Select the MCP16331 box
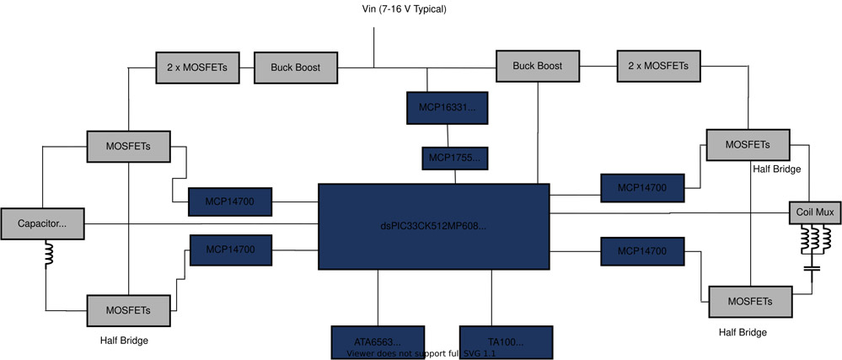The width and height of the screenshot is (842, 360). tap(447, 108)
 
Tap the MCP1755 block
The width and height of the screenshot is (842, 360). tap(455, 158)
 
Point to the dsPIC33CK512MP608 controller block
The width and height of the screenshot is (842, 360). tap(433, 226)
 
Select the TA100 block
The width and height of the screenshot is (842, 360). tap(506, 341)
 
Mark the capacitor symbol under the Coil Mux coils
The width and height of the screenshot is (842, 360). tap(813, 269)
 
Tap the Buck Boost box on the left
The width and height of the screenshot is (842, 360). tap(296, 67)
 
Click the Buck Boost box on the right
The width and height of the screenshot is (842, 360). tap(537, 66)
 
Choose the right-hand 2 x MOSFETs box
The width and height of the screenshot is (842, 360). tap(659, 66)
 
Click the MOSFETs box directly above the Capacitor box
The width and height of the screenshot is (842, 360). tap(128, 146)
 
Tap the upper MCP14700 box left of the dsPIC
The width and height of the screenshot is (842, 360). tap(230, 201)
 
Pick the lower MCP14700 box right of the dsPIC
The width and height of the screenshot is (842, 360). tap(641, 250)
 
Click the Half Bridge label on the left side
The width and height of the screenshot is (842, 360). tap(124, 340)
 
